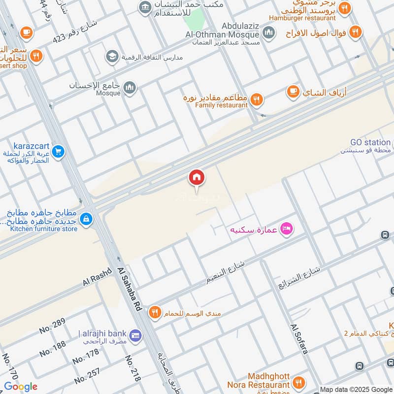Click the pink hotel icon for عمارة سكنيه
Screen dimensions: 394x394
click(286, 229)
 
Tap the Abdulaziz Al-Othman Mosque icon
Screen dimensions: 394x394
click(268, 33)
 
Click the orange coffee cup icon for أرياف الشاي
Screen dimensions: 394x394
click(293, 92)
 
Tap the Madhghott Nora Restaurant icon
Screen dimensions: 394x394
click(297, 382)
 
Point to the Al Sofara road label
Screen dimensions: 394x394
click(299, 339)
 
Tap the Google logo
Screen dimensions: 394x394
click(21, 387)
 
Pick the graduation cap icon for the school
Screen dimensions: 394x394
click(112, 57)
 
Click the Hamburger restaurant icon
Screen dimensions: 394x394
click(344, 8)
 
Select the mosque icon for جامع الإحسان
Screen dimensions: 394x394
click(130, 87)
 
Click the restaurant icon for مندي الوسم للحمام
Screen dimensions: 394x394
click(155, 312)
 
